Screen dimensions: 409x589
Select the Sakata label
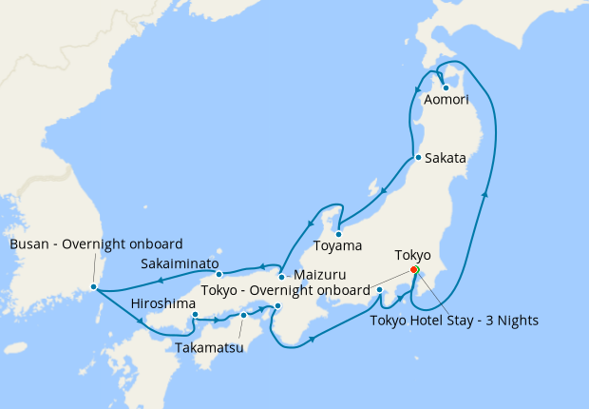pyautogui.click(x=445, y=158)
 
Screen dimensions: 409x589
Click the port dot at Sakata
pyautogui.click(x=417, y=157)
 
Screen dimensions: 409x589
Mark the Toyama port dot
pyautogui.click(x=339, y=231)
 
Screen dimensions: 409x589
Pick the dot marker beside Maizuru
pyautogui.click(x=281, y=277)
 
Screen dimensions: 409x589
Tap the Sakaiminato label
pyautogui.click(x=180, y=263)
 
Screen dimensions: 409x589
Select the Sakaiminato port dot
pyautogui.click(x=219, y=275)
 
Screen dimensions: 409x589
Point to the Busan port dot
pyautogui.click(x=93, y=286)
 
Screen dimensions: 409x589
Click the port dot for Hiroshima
pyautogui.click(x=194, y=314)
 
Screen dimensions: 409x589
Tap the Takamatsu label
pyautogui.click(x=209, y=347)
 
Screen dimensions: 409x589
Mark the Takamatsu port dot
pyautogui.click(x=243, y=315)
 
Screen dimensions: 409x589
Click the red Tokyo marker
pyautogui.click(x=414, y=270)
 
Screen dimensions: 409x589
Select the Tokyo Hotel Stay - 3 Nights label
pyautogui.click(x=454, y=321)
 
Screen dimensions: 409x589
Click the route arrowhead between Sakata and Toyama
pyautogui.click(x=382, y=192)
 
